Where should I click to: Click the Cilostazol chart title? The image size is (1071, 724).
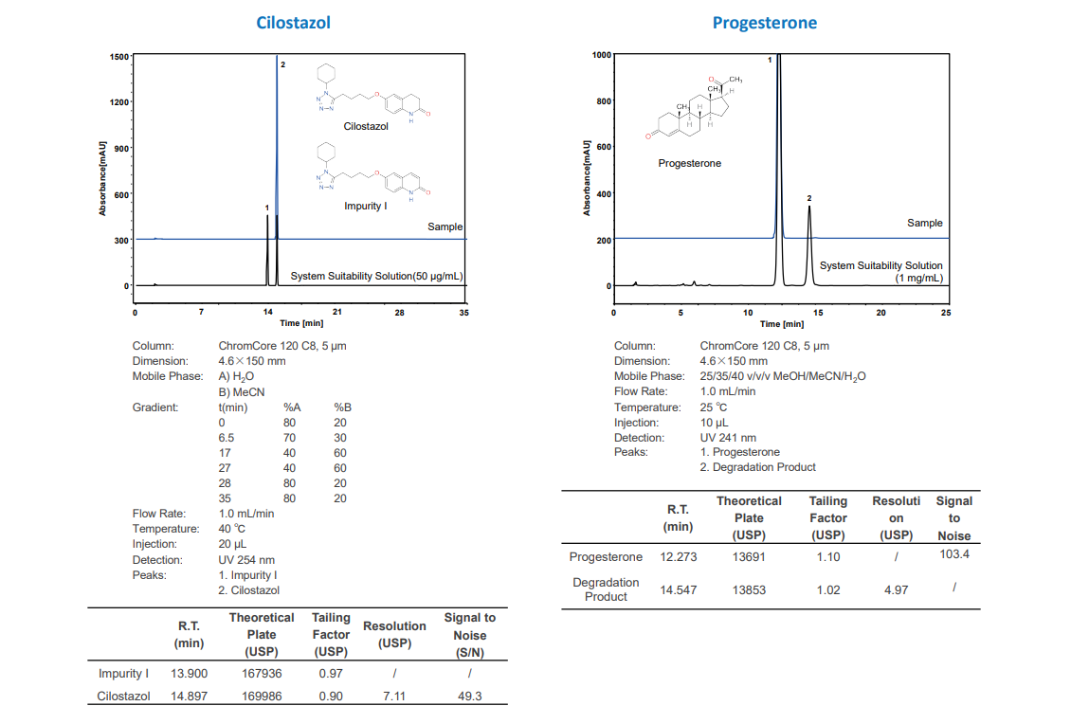(293, 22)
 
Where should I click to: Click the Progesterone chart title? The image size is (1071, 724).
(764, 22)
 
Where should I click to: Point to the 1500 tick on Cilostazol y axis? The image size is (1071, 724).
(119, 56)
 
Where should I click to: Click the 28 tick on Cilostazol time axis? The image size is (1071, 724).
(399, 311)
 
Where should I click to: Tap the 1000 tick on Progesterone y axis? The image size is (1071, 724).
(602, 55)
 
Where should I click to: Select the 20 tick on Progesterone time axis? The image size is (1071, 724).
(880, 312)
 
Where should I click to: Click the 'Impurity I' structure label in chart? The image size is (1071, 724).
(365, 206)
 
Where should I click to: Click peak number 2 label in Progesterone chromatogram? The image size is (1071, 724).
(809, 198)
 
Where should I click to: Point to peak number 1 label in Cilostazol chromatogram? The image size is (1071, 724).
(267, 207)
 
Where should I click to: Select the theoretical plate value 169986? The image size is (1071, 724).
(262, 697)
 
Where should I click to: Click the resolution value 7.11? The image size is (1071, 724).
(394, 697)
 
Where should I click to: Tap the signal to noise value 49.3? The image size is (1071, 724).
(469, 697)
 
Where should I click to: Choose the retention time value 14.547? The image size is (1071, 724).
(679, 589)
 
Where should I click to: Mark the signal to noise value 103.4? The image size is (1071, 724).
(954, 553)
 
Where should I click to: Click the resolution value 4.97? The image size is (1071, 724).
(896, 589)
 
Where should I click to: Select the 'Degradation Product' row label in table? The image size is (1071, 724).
(606, 589)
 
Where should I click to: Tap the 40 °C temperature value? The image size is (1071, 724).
(232, 529)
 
